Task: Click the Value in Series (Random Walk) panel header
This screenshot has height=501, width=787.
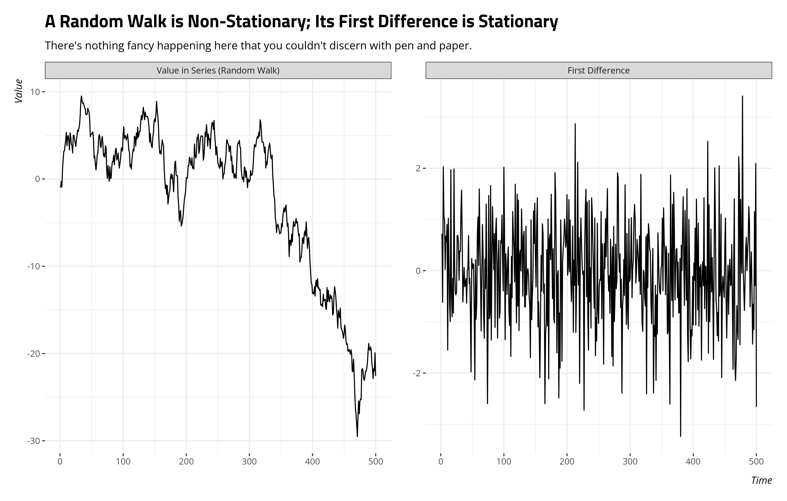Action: [218, 70]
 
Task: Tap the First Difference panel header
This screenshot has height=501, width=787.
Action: [598, 70]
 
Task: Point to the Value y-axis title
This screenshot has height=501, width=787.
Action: [19, 91]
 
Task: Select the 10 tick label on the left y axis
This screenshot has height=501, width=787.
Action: [35, 92]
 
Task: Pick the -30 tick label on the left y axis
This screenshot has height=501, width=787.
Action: [33, 441]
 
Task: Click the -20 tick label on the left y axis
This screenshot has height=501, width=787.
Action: [33, 354]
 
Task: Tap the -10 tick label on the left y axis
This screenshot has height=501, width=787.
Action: [33, 266]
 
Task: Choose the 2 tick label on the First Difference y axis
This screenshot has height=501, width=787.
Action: [418, 168]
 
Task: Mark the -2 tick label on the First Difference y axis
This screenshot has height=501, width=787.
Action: [416, 373]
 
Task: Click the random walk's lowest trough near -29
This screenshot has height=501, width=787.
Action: [357, 436]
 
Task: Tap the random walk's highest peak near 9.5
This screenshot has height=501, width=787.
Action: [81, 96]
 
